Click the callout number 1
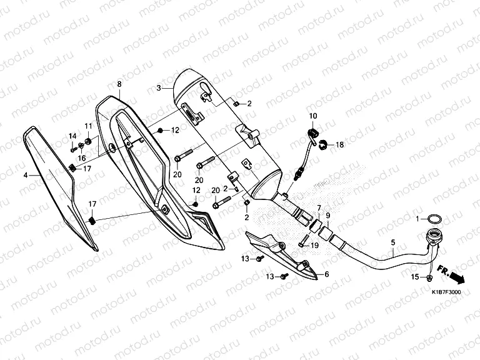[418, 219]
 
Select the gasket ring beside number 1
[434, 219]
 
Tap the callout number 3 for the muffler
[159, 87]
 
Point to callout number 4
[26, 176]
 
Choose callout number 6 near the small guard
[326, 274]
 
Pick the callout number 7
[318, 207]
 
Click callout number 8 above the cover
[119, 84]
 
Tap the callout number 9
[327, 217]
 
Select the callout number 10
[313, 116]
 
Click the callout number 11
[88, 126]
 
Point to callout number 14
[72, 136]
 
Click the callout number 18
[340, 145]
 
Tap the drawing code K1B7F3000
[445, 292]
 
